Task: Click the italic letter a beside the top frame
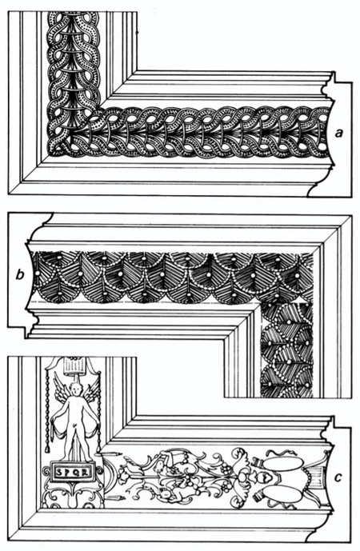pyautogui.click(x=338, y=134)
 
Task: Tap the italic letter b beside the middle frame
pyautogui.click(x=20, y=274)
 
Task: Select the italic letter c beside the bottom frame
pyautogui.click(x=338, y=478)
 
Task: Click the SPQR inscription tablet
pyautogui.click(x=72, y=472)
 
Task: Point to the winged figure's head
pyautogui.click(x=75, y=390)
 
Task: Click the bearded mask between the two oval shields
pyautogui.click(x=263, y=478)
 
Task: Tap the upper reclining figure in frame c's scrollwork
pyautogui.click(x=168, y=461)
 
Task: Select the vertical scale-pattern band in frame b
pyautogui.click(x=287, y=350)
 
